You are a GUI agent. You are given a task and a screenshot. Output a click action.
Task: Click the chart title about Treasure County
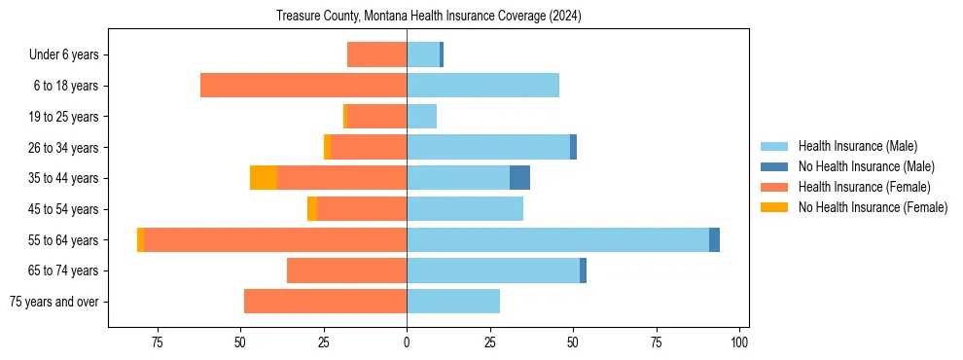(x=428, y=17)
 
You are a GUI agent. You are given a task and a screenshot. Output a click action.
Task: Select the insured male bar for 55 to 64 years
(x=557, y=239)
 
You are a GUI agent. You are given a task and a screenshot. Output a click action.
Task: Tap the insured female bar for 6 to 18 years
(x=303, y=86)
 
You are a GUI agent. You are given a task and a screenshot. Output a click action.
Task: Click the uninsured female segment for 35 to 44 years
(x=264, y=178)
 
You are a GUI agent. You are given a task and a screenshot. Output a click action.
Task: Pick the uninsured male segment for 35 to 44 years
(x=519, y=178)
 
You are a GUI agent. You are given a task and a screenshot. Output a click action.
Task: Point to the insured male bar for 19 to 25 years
(x=421, y=117)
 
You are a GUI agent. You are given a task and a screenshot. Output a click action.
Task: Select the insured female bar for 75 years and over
(x=325, y=302)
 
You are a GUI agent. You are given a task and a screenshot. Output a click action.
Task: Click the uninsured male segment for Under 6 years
(x=442, y=55)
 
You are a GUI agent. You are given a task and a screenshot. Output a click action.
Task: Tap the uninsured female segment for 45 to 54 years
(x=312, y=209)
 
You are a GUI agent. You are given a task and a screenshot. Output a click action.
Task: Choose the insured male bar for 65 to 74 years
(x=493, y=270)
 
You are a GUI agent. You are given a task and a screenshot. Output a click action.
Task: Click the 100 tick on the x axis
(x=739, y=342)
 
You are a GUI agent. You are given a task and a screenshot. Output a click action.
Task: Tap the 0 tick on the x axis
(x=407, y=342)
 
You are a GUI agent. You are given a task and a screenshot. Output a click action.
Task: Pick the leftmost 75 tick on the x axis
(x=157, y=342)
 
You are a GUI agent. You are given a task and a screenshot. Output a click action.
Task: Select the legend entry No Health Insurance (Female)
(x=872, y=207)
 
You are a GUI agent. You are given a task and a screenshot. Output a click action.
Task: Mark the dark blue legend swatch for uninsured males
(x=774, y=166)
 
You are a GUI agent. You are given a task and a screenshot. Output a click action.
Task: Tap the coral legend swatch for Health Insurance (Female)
(x=774, y=187)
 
